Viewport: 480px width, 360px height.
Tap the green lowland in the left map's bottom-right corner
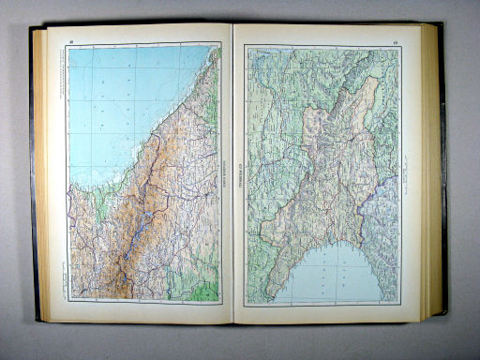[208, 286]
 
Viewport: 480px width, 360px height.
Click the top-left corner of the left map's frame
[67, 45]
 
